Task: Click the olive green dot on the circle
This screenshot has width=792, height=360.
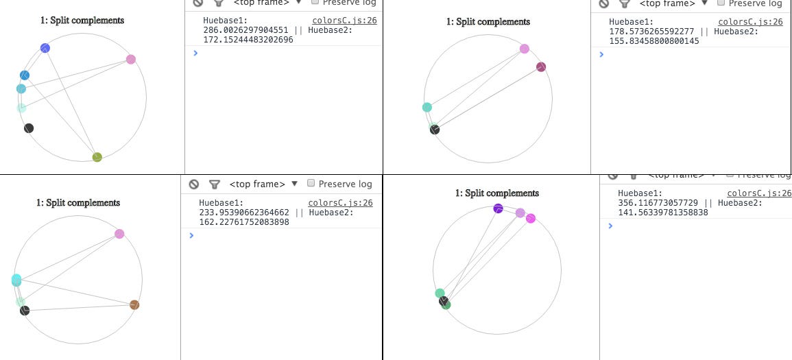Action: tap(97, 157)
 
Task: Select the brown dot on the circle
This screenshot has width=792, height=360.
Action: tap(134, 304)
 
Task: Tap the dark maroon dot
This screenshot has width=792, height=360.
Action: tap(541, 67)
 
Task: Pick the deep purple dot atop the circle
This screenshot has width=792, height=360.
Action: tap(499, 208)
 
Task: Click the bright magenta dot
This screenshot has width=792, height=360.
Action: tap(531, 219)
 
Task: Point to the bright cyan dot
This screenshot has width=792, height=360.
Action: tap(16, 280)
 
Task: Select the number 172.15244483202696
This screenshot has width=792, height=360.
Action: tap(248, 40)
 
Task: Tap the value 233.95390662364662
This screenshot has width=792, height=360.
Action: tap(244, 213)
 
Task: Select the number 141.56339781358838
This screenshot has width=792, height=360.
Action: tap(662, 213)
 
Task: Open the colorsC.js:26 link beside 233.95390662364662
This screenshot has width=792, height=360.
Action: tap(340, 203)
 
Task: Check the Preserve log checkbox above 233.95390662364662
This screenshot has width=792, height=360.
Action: tap(311, 184)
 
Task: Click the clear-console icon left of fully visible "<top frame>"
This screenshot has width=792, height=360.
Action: tap(194, 184)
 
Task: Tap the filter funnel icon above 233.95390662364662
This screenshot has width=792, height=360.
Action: tap(215, 184)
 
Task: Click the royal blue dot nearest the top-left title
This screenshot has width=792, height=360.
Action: tap(45, 48)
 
